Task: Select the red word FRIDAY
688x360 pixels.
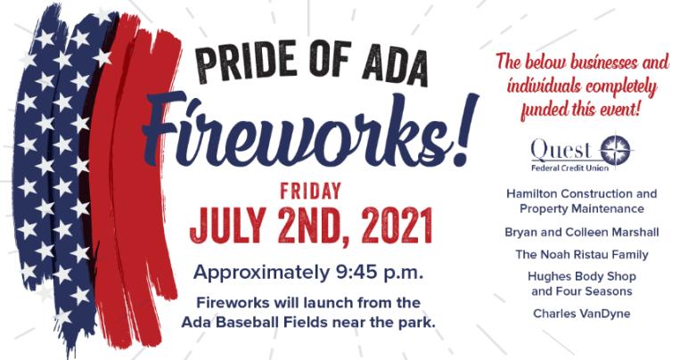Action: pos(311,192)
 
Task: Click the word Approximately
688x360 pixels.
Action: pos(261,274)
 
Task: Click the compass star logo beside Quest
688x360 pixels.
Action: pos(615,151)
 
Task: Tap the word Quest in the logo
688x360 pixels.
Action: pos(561,150)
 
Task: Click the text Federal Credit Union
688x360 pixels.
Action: pos(570,168)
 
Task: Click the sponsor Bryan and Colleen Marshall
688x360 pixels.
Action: pos(582,232)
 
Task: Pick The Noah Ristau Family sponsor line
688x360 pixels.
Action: pos(582,254)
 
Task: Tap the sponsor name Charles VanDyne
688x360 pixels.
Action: pos(582,314)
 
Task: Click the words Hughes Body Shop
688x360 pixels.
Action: pos(582,277)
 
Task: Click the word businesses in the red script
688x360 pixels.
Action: pos(603,62)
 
